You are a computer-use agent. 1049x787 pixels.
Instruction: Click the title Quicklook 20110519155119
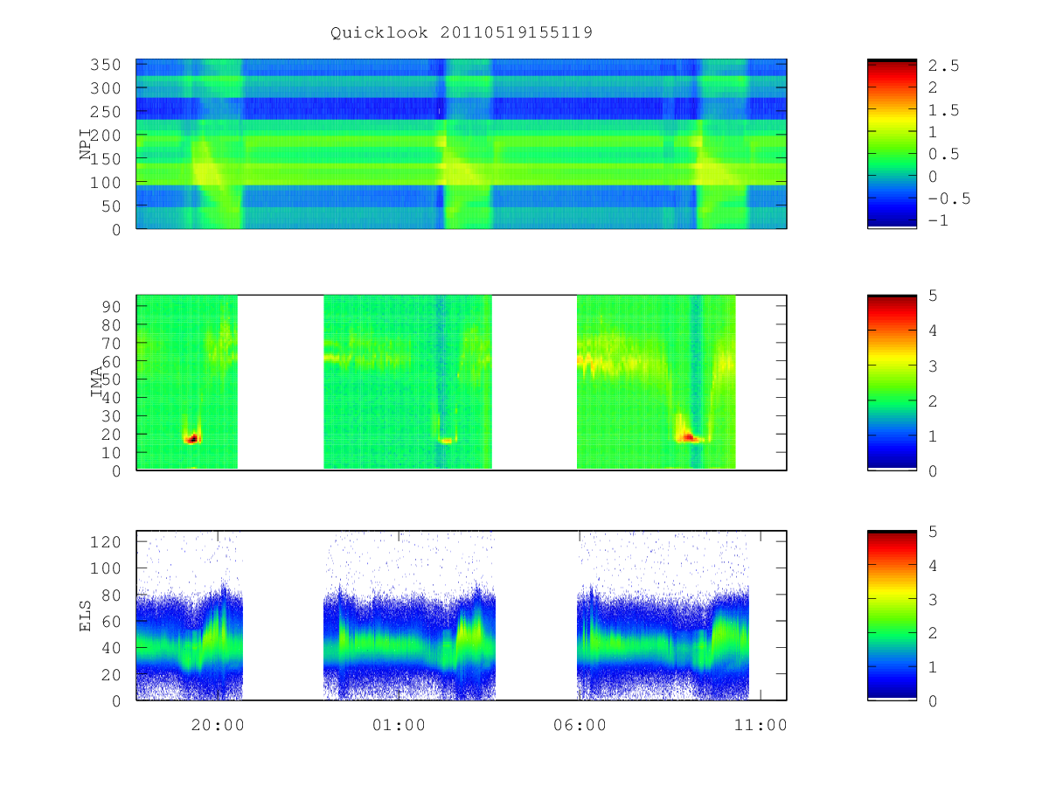coord(462,33)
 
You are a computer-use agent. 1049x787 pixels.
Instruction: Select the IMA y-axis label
coord(96,382)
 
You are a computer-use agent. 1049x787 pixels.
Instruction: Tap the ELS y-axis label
coord(85,616)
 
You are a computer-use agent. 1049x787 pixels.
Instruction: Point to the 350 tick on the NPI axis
coord(106,65)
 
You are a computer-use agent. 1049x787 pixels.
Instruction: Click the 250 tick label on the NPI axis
coord(106,112)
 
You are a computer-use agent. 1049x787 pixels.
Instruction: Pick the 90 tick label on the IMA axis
coord(111,307)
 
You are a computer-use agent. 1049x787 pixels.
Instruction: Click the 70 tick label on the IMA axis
coord(111,343)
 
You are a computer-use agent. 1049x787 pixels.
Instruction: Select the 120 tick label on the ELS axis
coord(106,542)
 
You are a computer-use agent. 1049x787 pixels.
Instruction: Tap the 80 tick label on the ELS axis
coord(111,595)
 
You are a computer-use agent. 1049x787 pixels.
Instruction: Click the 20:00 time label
coord(218,725)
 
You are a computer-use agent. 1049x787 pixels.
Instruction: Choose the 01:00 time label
coord(399,725)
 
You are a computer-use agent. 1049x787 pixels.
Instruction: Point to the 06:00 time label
coord(580,725)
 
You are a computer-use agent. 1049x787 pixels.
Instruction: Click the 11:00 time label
coord(761,725)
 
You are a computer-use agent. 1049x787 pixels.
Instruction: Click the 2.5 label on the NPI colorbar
coord(943,66)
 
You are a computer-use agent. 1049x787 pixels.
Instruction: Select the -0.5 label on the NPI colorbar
coord(949,198)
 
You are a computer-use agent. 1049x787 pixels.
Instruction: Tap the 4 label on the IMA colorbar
coord(933,331)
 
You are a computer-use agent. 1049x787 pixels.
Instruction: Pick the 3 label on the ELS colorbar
coord(933,600)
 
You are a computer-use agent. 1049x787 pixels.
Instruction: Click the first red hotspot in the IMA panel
coord(192,439)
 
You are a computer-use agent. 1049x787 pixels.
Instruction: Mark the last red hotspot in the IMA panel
coord(688,437)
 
